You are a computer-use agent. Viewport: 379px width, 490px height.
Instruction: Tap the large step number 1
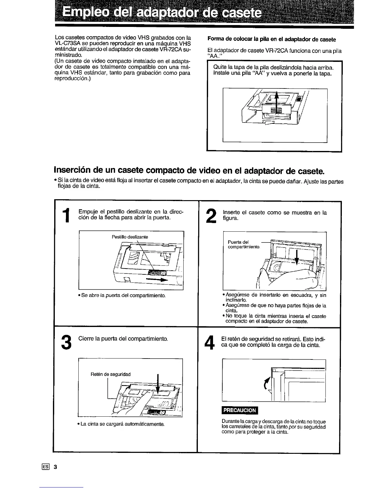click(66, 215)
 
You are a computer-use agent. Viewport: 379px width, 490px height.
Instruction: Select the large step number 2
click(211, 215)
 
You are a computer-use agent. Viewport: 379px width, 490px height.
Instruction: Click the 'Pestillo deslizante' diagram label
click(130, 237)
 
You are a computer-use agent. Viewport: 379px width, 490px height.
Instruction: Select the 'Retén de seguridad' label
click(111, 374)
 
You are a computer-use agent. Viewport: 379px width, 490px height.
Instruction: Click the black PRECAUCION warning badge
click(240, 410)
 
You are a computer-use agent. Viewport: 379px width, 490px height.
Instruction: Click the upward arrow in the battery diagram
click(277, 104)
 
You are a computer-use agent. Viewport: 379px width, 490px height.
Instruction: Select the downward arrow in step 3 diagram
click(159, 387)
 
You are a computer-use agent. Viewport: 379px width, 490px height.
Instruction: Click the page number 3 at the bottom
click(55, 467)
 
